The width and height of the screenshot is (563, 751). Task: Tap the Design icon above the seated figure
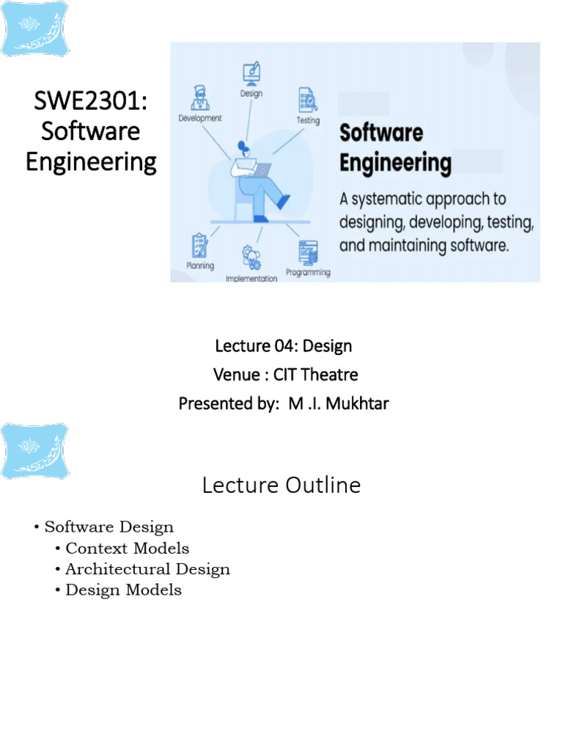click(x=251, y=73)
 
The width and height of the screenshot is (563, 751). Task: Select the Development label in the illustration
click(x=200, y=117)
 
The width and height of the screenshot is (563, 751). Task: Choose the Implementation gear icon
click(x=251, y=257)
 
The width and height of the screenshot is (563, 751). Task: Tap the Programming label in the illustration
click(x=308, y=272)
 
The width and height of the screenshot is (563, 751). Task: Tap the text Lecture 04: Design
click(x=282, y=345)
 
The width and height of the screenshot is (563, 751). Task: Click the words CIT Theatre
click(x=316, y=375)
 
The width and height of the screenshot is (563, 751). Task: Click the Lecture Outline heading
click(x=281, y=486)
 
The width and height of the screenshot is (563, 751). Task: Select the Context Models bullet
click(x=127, y=549)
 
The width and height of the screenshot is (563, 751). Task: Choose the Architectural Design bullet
click(x=147, y=569)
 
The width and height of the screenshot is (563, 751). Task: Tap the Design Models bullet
click(x=123, y=590)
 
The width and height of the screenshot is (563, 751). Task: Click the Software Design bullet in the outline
click(x=109, y=527)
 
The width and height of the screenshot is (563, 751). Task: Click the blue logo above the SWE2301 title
click(x=34, y=29)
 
